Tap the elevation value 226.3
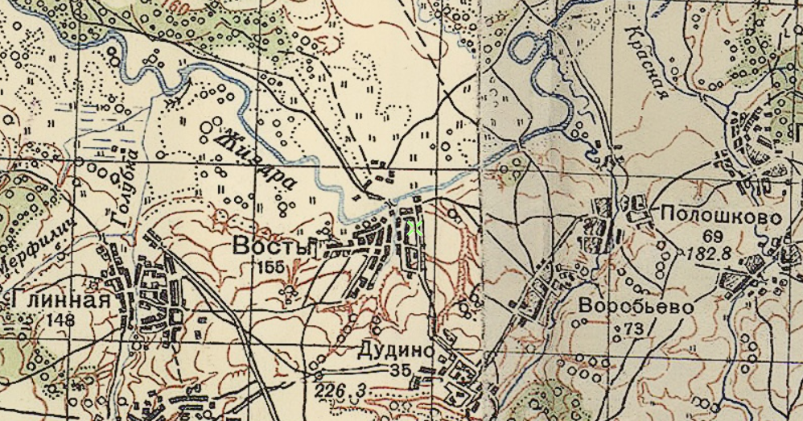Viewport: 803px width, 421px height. (341, 391)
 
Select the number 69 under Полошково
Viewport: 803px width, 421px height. (712, 236)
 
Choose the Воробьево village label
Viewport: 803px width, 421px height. (636, 307)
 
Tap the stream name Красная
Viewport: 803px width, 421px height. (649, 60)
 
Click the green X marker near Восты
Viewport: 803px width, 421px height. (414, 228)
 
